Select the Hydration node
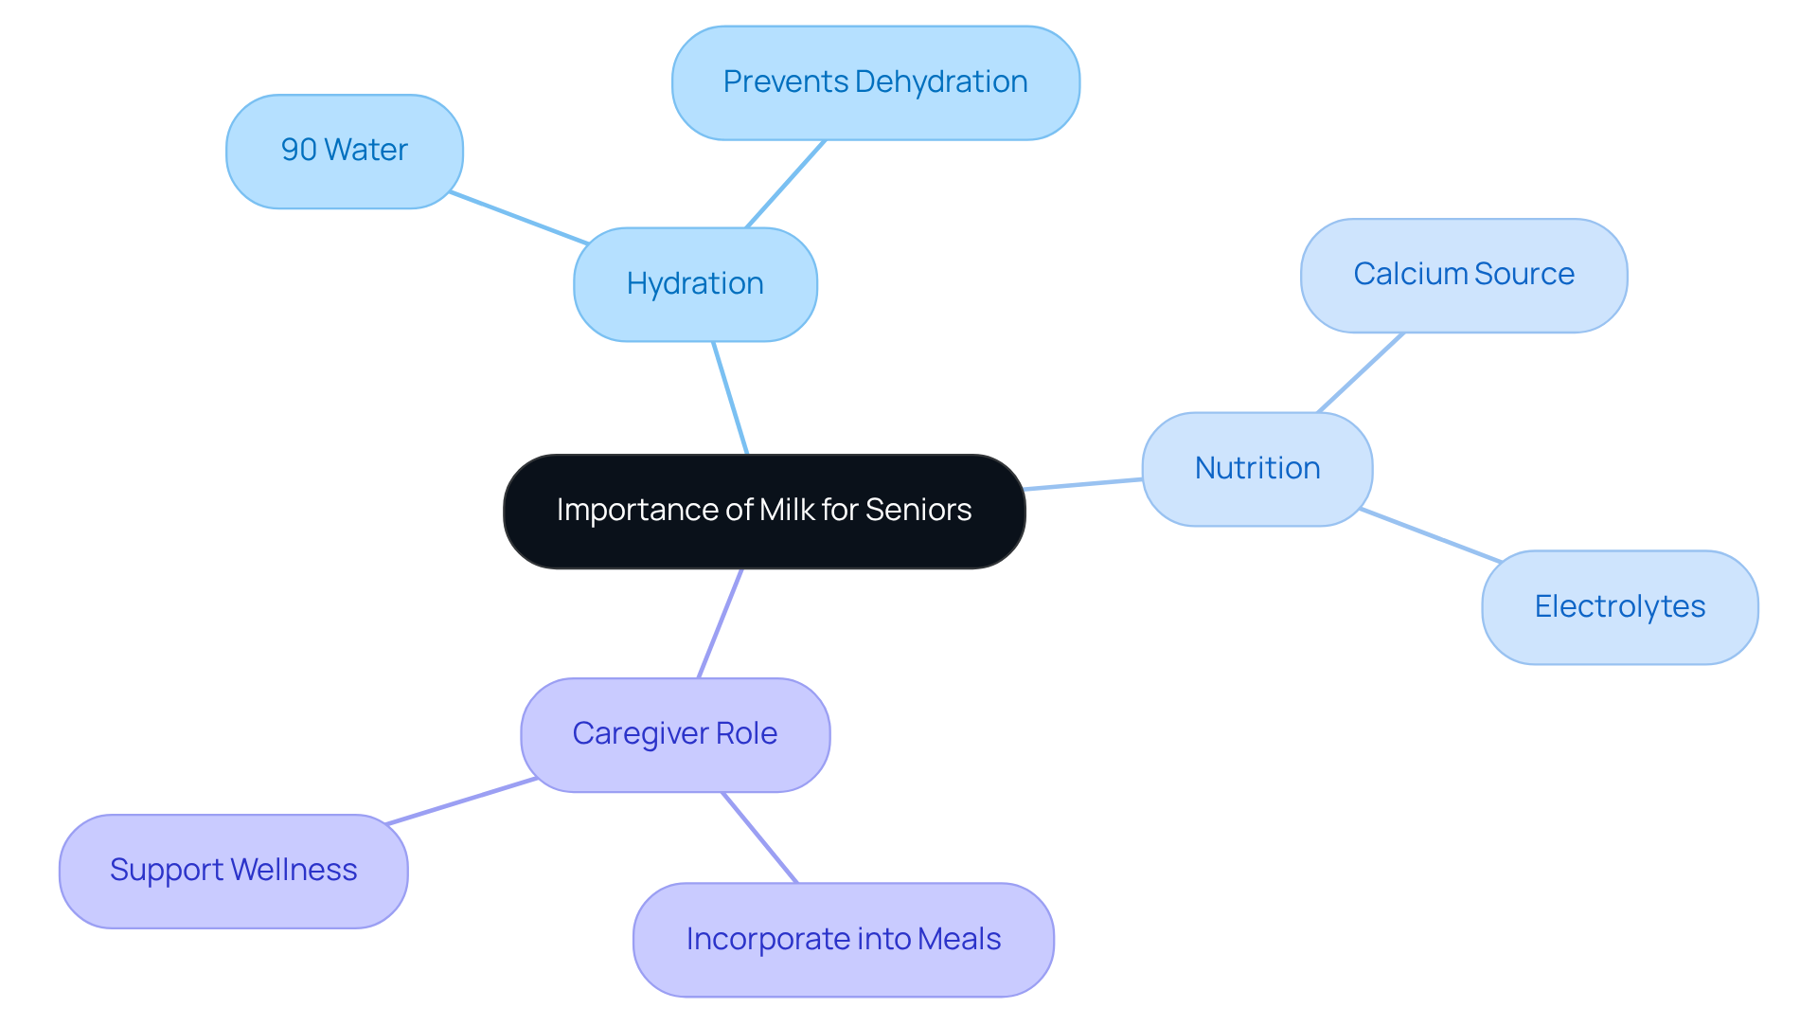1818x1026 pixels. click(x=695, y=284)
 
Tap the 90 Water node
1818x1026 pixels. click(x=344, y=151)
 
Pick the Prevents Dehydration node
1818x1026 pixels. click(x=875, y=82)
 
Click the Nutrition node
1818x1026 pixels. click(x=1257, y=468)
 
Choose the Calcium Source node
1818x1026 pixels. click(x=1463, y=275)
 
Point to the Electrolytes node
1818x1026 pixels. click(x=1619, y=606)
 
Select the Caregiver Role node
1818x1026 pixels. click(x=674, y=734)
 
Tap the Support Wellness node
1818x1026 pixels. click(x=233, y=871)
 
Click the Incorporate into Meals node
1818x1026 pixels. click(x=843, y=939)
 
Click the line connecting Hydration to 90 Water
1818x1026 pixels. click(x=519, y=218)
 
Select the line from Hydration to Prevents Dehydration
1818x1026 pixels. click(x=786, y=184)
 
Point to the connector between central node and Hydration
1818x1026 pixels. click(x=730, y=398)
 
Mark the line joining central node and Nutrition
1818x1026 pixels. click(x=1083, y=484)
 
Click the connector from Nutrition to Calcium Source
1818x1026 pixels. click(x=1361, y=372)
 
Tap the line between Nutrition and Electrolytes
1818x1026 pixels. click(x=1430, y=535)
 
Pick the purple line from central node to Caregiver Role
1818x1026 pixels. click(x=720, y=623)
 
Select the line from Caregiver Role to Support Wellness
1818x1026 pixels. click(x=462, y=801)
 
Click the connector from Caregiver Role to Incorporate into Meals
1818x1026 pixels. click(x=759, y=837)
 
